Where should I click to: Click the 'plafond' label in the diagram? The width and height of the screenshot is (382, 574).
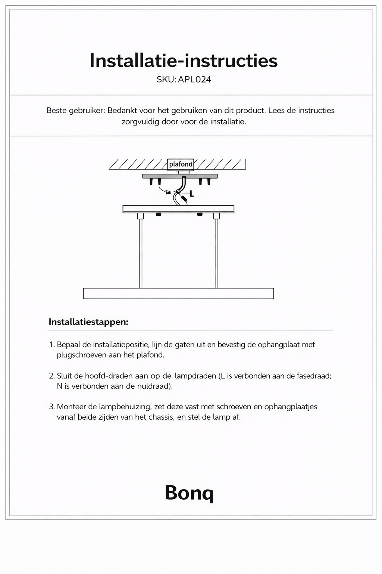[181, 164]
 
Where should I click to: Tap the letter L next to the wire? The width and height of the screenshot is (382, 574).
[191, 194]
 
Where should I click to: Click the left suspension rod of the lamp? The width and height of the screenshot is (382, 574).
[140, 254]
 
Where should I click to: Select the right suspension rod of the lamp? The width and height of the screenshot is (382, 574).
[216, 254]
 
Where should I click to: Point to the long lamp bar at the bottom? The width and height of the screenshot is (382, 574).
[178, 293]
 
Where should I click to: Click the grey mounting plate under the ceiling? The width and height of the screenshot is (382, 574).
[180, 176]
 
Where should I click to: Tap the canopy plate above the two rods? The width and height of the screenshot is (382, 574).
[178, 209]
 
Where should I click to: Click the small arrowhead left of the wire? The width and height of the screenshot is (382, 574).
[168, 192]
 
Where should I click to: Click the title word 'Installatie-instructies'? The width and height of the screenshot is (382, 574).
[184, 61]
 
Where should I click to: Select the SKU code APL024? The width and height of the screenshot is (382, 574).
[194, 79]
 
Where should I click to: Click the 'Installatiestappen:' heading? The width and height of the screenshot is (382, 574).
[88, 322]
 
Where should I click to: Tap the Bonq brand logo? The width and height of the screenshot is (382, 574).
[189, 493]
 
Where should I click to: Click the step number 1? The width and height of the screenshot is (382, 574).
[52, 345]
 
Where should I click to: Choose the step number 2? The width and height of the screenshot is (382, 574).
[52, 376]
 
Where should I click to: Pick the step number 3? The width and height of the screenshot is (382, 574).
[52, 407]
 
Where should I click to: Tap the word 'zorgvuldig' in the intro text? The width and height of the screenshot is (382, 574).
[141, 122]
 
